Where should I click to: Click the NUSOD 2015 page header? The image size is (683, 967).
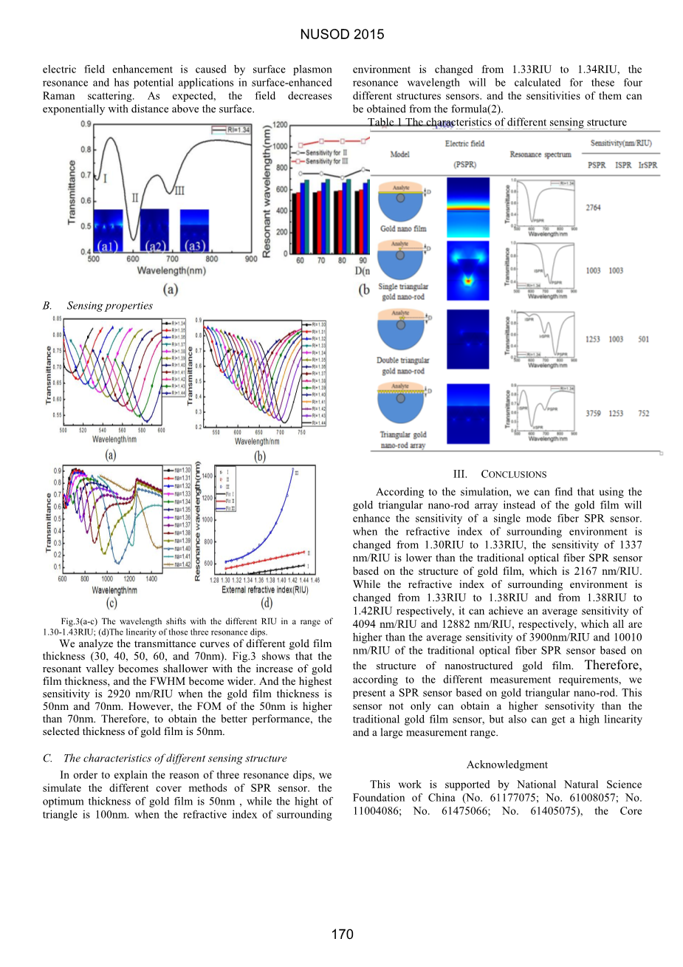pyautogui.click(x=342, y=34)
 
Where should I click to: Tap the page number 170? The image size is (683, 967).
pyautogui.click(x=342, y=934)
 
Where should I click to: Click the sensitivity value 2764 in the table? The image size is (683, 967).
pyautogui.click(x=593, y=208)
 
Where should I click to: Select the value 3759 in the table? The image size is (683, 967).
pyautogui.click(x=593, y=414)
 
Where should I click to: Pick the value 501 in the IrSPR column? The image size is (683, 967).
pyautogui.click(x=643, y=339)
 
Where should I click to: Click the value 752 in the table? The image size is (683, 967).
pyautogui.click(x=643, y=414)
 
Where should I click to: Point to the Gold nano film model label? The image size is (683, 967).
pyautogui.click(x=403, y=229)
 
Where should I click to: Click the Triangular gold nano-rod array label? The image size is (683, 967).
pyautogui.click(x=403, y=440)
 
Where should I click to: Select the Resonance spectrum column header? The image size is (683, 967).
pyautogui.click(x=540, y=154)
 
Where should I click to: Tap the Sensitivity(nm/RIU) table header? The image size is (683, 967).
pyautogui.click(x=621, y=143)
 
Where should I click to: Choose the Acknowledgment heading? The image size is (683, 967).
pyautogui.click(x=507, y=765)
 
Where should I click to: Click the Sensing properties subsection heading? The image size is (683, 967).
pyautogui.click(x=109, y=306)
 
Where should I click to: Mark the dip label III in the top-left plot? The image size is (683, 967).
pyautogui.click(x=179, y=191)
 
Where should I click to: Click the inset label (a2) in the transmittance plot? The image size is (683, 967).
pyautogui.click(x=155, y=245)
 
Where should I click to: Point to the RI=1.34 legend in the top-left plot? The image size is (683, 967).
pyautogui.click(x=233, y=129)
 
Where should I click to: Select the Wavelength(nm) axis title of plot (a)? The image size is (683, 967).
pyautogui.click(x=171, y=271)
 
